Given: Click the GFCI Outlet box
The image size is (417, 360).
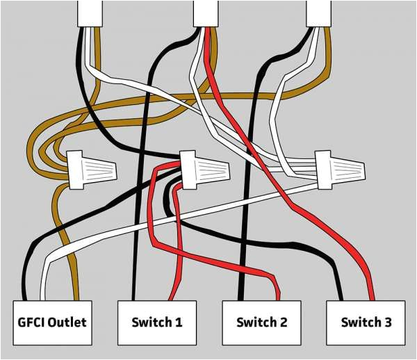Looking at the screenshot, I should (x=52, y=322).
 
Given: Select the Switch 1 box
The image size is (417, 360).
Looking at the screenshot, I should (x=157, y=322).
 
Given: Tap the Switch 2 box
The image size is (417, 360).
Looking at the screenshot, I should (x=261, y=322).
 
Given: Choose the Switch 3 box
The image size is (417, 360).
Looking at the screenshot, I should (x=366, y=322).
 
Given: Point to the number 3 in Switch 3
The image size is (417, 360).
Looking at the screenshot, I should (x=387, y=322).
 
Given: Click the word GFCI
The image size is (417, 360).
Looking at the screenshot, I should (x=31, y=322).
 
